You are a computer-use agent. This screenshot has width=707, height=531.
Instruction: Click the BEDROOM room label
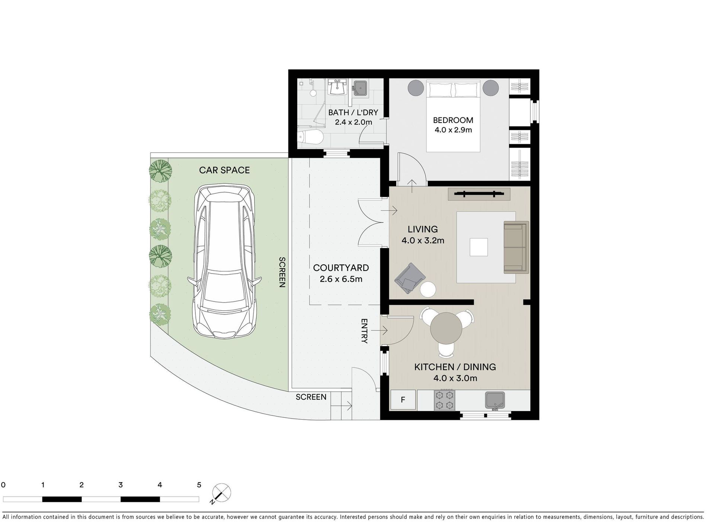pyautogui.click(x=453, y=120)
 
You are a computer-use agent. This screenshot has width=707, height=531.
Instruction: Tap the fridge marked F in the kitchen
pyautogui.click(x=403, y=400)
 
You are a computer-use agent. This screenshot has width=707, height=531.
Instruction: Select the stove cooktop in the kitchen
pyautogui.click(x=445, y=400)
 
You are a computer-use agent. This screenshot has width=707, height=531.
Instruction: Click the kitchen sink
pyautogui.click(x=495, y=400)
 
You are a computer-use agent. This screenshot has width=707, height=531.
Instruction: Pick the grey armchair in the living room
pyautogui.click(x=410, y=278)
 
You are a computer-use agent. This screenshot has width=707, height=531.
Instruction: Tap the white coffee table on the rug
pyautogui.click(x=479, y=247)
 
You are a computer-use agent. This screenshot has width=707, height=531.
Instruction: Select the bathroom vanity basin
pyautogui.click(x=337, y=87)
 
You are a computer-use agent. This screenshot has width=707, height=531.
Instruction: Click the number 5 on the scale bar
pyautogui.click(x=199, y=485)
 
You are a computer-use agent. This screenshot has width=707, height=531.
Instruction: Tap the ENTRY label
pyautogui.click(x=364, y=331)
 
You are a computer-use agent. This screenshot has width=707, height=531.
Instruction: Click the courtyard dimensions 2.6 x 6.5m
pyautogui.click(x=341, y=279)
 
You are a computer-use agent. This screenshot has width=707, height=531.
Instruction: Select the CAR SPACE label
pyautogui.click(x=224, y=170)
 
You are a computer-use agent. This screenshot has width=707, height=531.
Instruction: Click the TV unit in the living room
pyautogui.click(x=479, y=194)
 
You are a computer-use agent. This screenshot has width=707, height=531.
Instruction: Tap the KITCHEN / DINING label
pyautogui.click(x=455, y=367)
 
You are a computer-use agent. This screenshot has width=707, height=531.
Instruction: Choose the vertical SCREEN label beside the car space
pyautogui.click(x=282, y=272)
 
